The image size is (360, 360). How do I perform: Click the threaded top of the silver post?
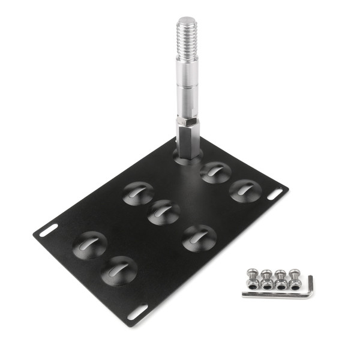[x=187, y=39]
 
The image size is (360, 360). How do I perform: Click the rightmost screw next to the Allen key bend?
[x=294, y=277]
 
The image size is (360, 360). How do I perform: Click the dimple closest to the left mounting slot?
[x=89, y=245]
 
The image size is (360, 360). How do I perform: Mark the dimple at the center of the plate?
[x=164, y=212]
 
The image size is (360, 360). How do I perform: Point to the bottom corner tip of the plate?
[x=128, y=326]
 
